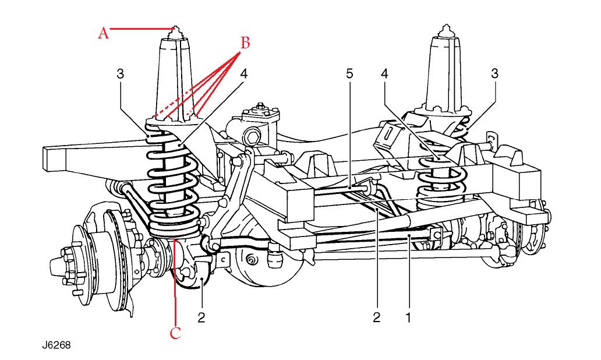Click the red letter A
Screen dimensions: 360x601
(x=103, y=34)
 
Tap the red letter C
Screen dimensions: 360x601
(x=175, y=333)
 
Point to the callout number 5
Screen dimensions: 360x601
(x=349, y=74)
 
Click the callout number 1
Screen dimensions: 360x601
(x=409, y=317)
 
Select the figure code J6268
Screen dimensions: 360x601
(x=56, y=345)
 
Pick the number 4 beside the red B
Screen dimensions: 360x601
(x=243, y=74)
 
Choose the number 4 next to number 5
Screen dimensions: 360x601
(x=384, y=74)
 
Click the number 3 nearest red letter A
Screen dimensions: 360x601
(x=120, y=74)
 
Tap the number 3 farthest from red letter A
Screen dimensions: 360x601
(x=494, y=74)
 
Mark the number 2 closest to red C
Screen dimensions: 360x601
(x=201, y=317)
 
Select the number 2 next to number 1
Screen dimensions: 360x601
(x=377, y=317)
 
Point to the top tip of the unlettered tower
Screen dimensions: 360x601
(x=446, y=27)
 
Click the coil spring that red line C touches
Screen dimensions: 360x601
(x=172, y=192)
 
